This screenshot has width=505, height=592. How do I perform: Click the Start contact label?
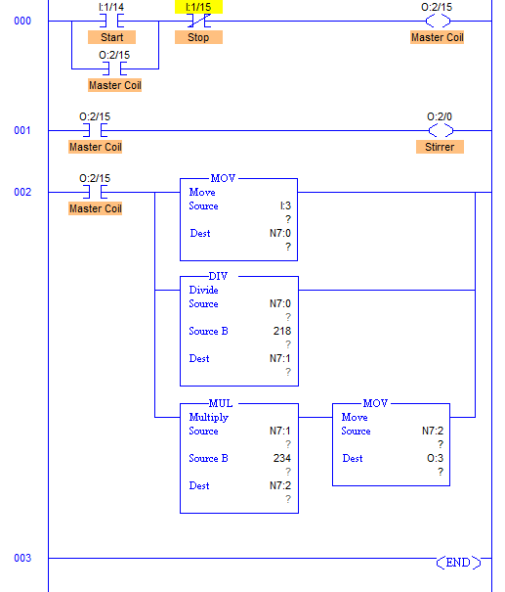click(111, 37)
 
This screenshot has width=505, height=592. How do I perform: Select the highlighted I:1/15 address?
click(198, 7)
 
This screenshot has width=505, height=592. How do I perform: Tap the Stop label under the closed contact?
click(198, 37)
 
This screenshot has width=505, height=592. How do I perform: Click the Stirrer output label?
click(440, 147)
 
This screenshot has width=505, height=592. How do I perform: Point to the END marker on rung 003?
click(458, 563)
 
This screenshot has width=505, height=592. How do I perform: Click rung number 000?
click(22, 21)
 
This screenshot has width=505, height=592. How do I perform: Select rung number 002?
click(22, 192)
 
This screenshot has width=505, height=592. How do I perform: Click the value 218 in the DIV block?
click(282, 331)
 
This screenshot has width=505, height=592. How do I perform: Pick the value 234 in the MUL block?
click(282, 458)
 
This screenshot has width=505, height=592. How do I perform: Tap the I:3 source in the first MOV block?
click(285, 205)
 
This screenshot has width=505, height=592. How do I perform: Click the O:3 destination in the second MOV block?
click(435, 458)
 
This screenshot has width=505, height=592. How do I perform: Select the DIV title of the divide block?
click(218, 276)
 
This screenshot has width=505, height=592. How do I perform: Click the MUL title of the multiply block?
click(221, 403)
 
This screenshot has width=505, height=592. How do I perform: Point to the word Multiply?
click(209, 418)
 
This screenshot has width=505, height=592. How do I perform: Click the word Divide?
click(203, 290)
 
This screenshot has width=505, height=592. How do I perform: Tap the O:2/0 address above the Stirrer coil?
click(440, 116)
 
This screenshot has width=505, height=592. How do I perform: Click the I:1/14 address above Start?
click(111, 7)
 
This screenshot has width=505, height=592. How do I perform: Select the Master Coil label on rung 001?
click(96, 147)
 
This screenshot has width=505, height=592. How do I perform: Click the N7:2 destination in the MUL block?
click(280, 485)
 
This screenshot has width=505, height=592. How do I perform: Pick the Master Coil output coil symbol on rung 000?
click(438, 21)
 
